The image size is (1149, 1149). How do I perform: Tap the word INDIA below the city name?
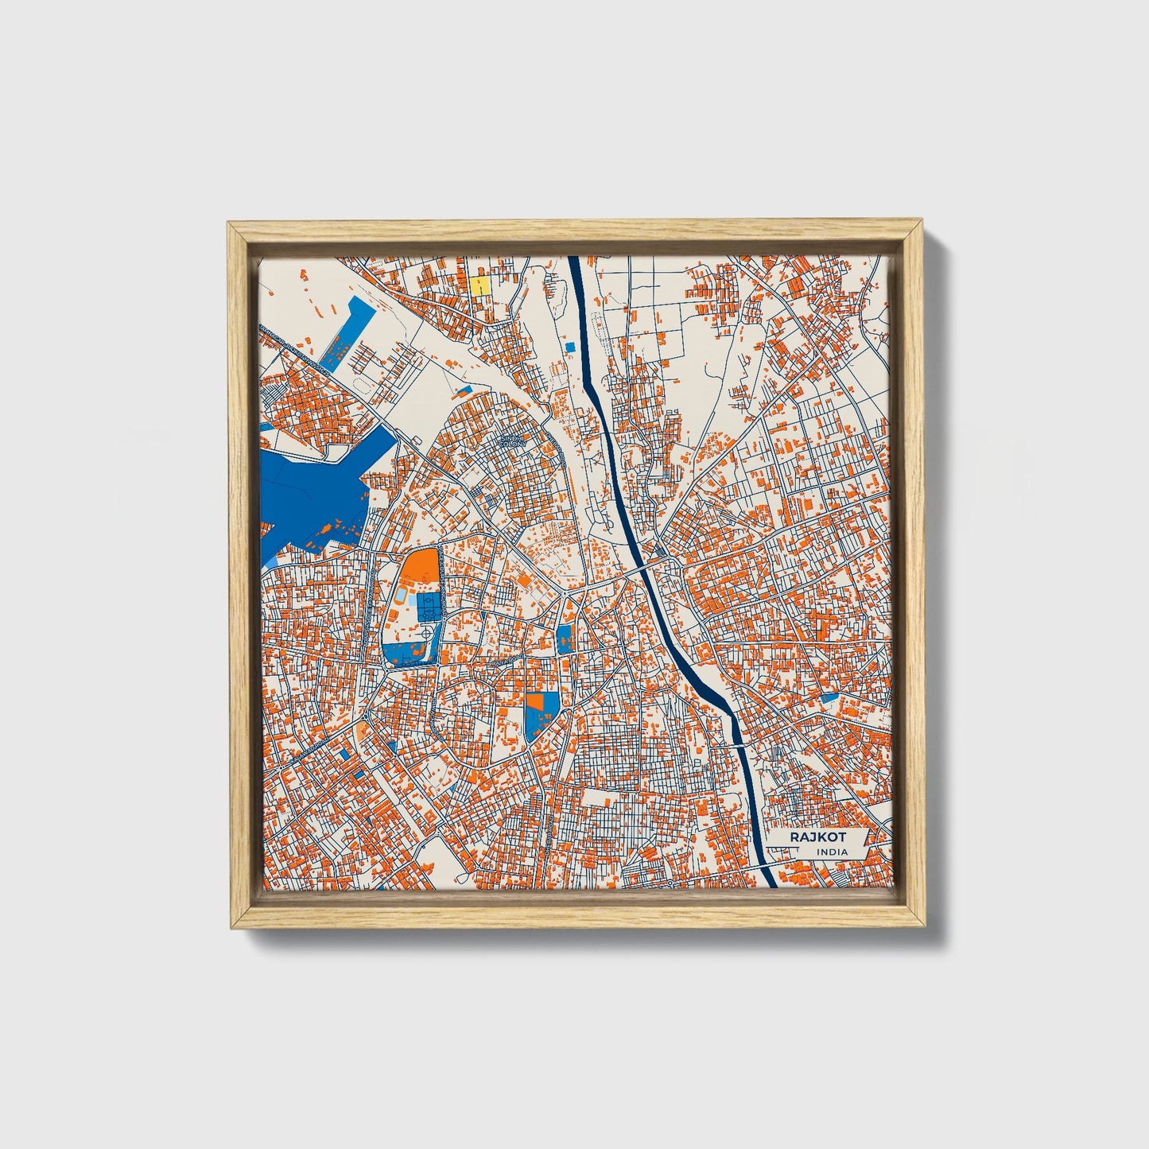[x=832, y=852]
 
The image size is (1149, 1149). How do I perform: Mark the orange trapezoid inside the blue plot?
[x=537, y=701]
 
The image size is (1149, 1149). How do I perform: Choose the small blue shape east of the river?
[x=830, y=697]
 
